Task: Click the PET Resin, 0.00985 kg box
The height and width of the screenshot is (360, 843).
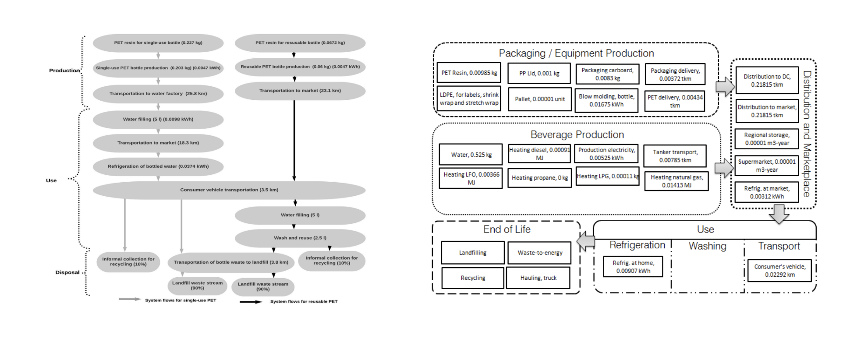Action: pyautogui.click(x=468, y=73)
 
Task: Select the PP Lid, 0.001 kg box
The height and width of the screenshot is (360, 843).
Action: pyautogui.click(x=539, y=74)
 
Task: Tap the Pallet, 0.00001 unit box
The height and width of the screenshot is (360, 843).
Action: pyautogui.click(x=539, y=99)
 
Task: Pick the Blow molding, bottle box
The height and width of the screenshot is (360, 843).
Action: pyautogui.click(x=606, y=100)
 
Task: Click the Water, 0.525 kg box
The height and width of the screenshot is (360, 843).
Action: pyautogui.click(x=471, y=155)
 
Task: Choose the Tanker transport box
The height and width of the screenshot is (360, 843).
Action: pyautogui.click(x=675, y=156)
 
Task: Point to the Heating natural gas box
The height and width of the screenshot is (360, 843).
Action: pyautogui.click(x=677, y=181)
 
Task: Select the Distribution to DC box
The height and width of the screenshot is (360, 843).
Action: pyautogui.click(x=767, y=80)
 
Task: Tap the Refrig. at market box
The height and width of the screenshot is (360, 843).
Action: pyautogui.click(x=766, y=192)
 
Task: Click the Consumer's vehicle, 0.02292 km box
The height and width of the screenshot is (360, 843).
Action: pyautogui.click(x=779, y=270)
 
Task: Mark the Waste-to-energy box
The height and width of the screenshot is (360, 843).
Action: pyautogui.click(x=539, y=253)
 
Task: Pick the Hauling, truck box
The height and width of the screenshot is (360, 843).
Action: pyautogui.click(x=538, y=278)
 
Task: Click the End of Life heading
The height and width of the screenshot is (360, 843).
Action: pyautogui.click(x=507, y=229)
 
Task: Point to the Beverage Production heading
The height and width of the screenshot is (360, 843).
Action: pyautogui.click(x=577, y=134)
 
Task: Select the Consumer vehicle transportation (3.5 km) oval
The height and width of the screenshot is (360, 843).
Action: pyautogui.click(x=229, y=190)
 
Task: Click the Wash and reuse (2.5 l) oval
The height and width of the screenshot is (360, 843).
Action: pyautogui.click(x=300, y=238)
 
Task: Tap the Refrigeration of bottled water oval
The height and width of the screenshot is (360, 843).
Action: pyautogui.click(x=158, y=166)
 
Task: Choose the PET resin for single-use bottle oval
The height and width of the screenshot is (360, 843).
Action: pyautogui.click(x=158, y=43)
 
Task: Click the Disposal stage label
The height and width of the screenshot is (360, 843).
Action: pyautogui.click(x=67, y=272)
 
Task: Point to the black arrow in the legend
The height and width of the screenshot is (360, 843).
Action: pyautogui.click(x=251, y=302)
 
